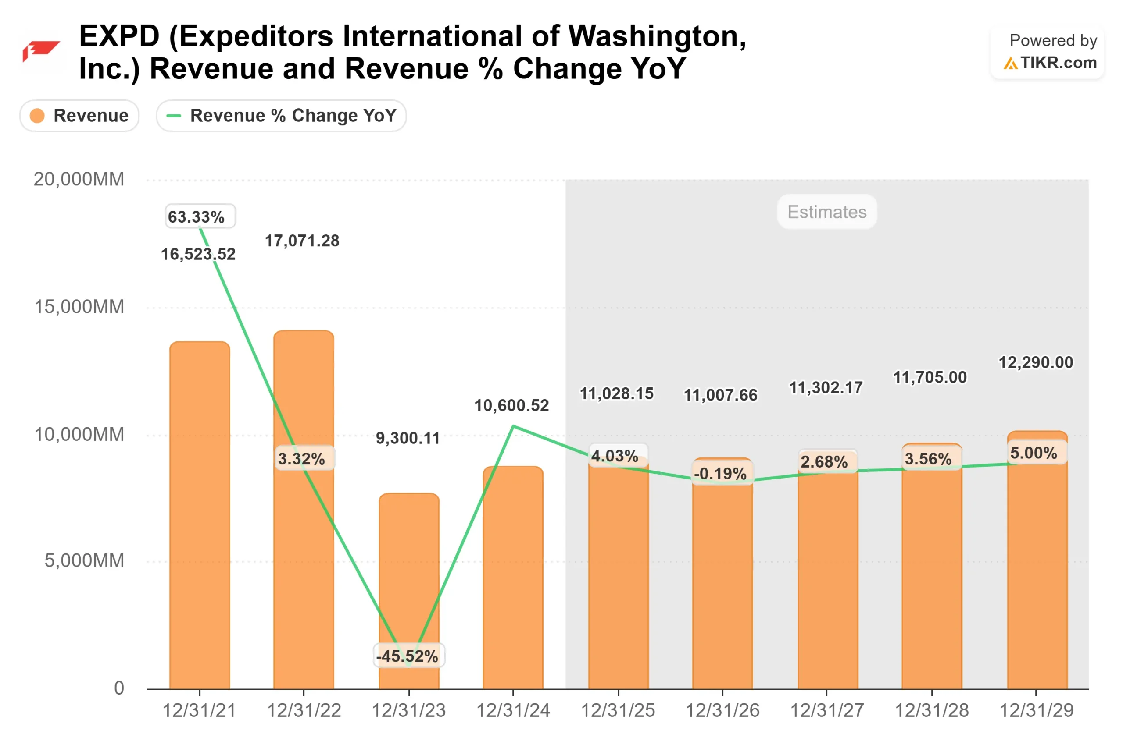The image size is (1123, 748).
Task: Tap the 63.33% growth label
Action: click(200, 216)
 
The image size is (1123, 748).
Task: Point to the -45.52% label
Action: click(408, 656)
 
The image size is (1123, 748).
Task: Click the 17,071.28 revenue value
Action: click(302, 241)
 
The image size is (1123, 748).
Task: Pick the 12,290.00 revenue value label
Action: click(1036, 362)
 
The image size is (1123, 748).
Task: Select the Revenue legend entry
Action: click(79, 115)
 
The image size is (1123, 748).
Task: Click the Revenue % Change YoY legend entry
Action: click(281, 115)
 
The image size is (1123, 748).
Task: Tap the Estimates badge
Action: click(826, 212)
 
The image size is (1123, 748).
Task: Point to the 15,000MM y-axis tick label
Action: click(79, 307)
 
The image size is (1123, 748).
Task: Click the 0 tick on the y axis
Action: click(119, 688)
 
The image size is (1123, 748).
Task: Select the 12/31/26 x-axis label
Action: click(722, 710)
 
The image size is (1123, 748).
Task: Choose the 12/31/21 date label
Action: click(200, 710)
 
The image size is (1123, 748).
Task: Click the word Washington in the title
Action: click(657, 36)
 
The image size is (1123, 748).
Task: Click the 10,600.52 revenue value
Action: click(511, 405)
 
